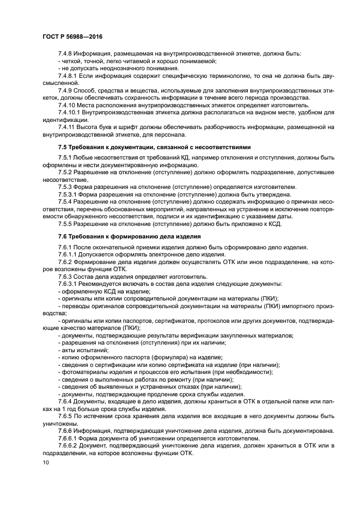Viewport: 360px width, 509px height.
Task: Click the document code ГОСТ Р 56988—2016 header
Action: (72, 36)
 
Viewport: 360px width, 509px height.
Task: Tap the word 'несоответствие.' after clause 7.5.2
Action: (63, 179)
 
